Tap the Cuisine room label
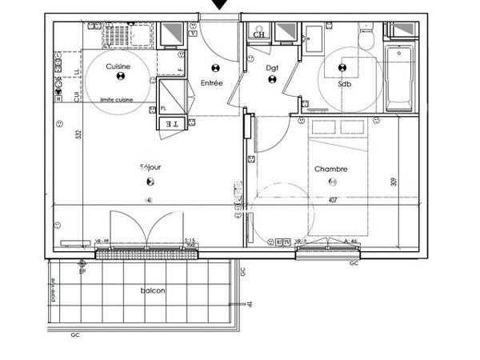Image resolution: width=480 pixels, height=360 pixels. pyautogui.click(x=118, y=66)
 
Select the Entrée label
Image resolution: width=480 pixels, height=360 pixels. pyautogui.click(x=212, y=83)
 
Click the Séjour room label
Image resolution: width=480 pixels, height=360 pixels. pyautogui.click(x=150, y=167)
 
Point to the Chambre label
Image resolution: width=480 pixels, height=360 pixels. pyautogui.click(x=330, y=169)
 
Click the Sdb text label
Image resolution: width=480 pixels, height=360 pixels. pyautogui.click(x=344, y=83)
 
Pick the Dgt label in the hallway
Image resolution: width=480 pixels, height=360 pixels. pyautogui.click(x=272, y=68)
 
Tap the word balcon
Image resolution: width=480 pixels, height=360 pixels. pyautogui.click(x=153, y=290)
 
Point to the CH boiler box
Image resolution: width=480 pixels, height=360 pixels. pyautogui.click(x=258, y=34)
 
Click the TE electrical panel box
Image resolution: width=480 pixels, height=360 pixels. pyautogui.click(x=171, y=123)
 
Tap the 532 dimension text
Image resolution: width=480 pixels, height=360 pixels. pyautogui.click(x=78, y=135)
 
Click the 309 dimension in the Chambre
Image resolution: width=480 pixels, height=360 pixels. pyautogui.click(x=393, y=181)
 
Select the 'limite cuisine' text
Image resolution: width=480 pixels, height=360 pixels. pyautogui.click(x=118, y=100)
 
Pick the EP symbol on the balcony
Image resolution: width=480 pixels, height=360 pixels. pyautogui.click(x=82, y=265)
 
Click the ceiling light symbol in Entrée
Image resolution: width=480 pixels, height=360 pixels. pyautogui.click(x=214, y=68)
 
